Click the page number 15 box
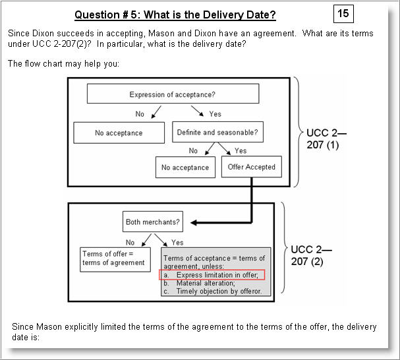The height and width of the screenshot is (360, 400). point(343,13)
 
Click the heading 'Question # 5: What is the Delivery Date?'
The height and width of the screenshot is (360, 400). point(175,15)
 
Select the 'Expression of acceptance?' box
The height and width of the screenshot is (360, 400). point(173,95)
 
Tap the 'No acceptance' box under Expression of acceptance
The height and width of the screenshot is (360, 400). point(119,133)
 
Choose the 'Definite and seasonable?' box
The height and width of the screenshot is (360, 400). point(217,133)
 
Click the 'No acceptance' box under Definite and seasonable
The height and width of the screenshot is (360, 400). point(185,167)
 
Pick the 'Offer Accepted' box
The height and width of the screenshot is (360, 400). point(251,167)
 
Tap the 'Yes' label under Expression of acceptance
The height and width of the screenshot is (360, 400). point(215,114)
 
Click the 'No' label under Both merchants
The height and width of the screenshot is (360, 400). point(130,242)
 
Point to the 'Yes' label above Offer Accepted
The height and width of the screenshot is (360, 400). point(241,151)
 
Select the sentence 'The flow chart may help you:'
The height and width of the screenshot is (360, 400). point(63,64)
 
